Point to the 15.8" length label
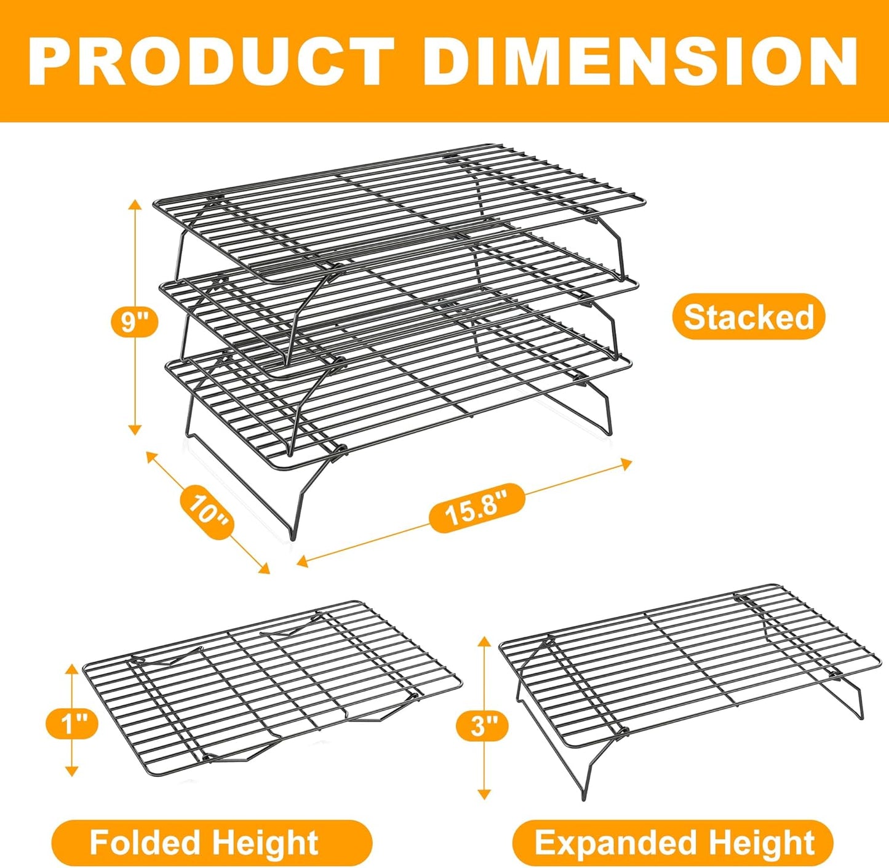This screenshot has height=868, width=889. click(477, 508)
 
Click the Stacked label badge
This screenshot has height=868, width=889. click(748, 317)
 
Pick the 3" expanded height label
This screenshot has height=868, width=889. click(483, 725)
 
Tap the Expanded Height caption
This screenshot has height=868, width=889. click(673, 842)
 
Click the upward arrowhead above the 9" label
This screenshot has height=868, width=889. click(135, 205)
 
